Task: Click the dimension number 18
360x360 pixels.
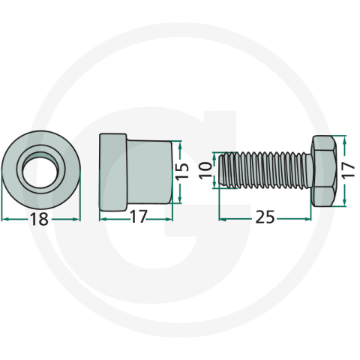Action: (x=39, y=219)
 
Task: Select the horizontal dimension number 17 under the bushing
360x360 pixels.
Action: (x=138, y=217)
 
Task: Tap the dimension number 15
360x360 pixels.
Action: (x=182, y=171)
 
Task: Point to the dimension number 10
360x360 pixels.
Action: (x=205, y=170)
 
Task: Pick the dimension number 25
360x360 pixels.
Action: (x=265, y=217)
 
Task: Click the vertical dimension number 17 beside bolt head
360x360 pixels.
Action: (x=348, y=169)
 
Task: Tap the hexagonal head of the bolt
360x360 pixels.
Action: (x=322, y=171)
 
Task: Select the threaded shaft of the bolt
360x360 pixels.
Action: (x=265, y=170)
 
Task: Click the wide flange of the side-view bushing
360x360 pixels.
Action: (x=113, y=172)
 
